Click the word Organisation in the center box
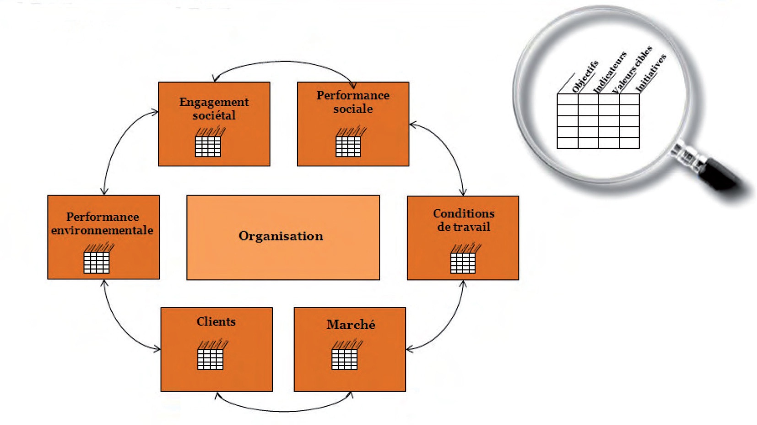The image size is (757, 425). (281, 236)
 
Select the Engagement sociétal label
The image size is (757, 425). (214, 109)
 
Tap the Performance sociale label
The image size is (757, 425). (353, 102)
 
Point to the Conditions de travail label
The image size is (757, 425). (463, 220)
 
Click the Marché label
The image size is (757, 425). (351, 325)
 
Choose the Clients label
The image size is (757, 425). (216, 321)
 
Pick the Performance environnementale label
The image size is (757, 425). (103, 223)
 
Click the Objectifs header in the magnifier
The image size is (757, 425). (584, 76)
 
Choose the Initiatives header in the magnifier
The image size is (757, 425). (650, 72)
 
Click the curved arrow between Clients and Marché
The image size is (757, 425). (284, 410)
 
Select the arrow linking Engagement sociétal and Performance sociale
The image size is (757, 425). (284, 62)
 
